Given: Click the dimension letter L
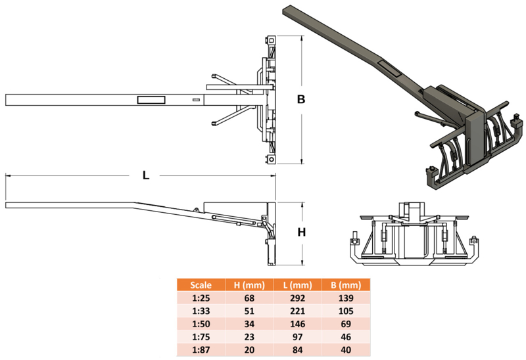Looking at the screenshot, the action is [145, 175].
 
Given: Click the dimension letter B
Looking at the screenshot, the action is [301, 99].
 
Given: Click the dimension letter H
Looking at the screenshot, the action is [302, 232].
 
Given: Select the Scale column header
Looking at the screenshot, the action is [201, 285].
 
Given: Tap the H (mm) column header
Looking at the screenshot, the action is [249, 285].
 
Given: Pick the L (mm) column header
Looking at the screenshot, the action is [298, 285].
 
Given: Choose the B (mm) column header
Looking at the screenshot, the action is [346, 285].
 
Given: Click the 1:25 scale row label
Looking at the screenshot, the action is [201, 298].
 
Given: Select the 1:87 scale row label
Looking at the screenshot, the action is [201, 350].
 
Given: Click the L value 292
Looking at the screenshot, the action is [298, 298].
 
